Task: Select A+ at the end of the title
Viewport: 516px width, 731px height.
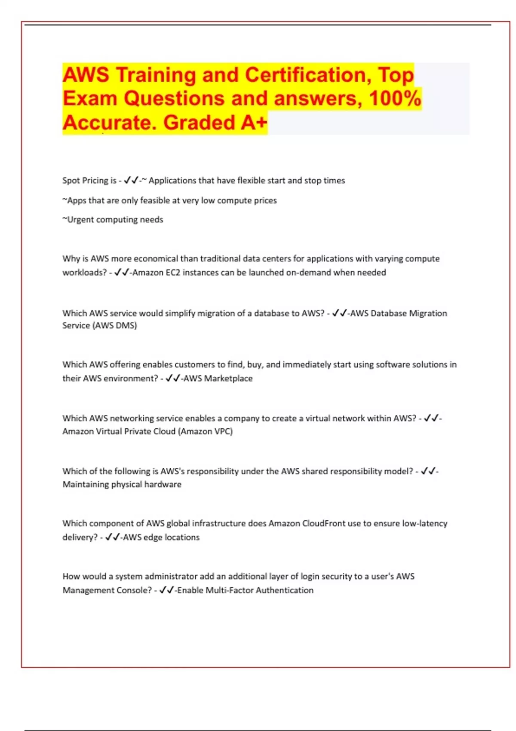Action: pyautogui.click(x=254, y=123)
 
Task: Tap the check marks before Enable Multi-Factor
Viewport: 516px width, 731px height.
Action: pyautogui.click(x=166, y=590)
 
